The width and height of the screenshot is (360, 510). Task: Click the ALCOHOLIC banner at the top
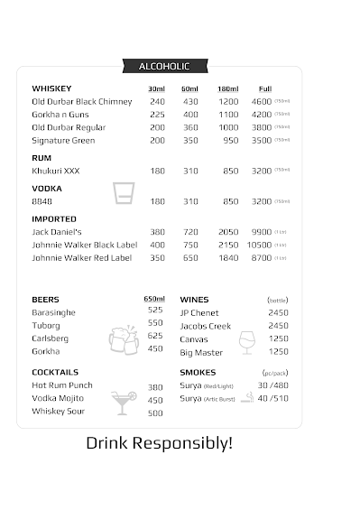pyautogui.click(x=163, y=66)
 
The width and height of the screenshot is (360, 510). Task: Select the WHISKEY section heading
pyautogui.click(x=51, y=88)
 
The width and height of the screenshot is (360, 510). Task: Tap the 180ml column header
pyautogui.click(x=227, y=88)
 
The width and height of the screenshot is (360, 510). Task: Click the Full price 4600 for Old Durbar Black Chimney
pyautogui.click(x=262, y=101)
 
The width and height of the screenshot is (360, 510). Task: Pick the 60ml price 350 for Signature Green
pyautogui.click(x=190, y=141)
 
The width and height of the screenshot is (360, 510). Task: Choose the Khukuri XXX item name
pyautogui.click(x=56, y=171)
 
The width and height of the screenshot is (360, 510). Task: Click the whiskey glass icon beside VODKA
pyautogui.click(x=124, y=193)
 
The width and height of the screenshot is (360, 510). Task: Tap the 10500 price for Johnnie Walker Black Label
pyautogui.click(x=259, y=245)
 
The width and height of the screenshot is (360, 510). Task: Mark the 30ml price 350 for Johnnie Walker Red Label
pyautogui.click(x=157, y=258)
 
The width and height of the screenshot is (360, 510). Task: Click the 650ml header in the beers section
pyautogui.click(x=154, y=300)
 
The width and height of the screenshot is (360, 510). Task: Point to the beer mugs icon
pyautogui.click(x=124, y=339)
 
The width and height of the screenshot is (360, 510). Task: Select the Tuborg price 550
pyautogui.click(x=155, y=323)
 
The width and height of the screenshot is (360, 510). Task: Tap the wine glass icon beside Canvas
pyautogui.click(x=246, y=341)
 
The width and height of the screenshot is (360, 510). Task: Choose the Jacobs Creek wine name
pyautogui.click(x=205, y=326)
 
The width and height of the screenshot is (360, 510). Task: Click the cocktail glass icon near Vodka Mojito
pyautogui.click(x=121, y=402)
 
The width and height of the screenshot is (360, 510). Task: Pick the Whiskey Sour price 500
pyautogui.click(x=155, y=413)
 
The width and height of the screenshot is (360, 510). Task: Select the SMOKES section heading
pyautogui.click(x=198, y=373)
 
